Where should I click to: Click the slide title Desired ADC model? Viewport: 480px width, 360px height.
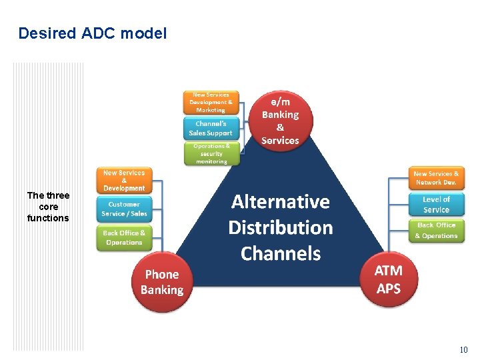[x=93, y=33]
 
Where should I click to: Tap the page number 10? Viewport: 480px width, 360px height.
[x=463, y=350]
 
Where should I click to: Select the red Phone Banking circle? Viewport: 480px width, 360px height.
[x=162, y=282]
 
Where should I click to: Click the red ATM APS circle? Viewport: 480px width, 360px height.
[x=389, y=279]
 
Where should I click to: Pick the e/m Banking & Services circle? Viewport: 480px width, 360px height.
[x=280, y=121]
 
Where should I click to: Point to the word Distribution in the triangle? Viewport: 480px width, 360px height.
[x=280, y=227]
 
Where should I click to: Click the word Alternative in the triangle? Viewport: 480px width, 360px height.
[x=280, y=201]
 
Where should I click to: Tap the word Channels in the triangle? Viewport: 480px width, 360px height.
[x=280, y=253]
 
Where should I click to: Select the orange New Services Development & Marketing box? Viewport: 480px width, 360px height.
[x=211, y=102]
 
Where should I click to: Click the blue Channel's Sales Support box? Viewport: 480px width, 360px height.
[x=211, y=128]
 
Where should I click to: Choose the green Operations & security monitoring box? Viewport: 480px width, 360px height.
[x=211, y=153]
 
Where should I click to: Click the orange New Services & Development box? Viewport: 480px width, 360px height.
[x=124, y=180]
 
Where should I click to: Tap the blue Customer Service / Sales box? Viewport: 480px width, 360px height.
[x=124, y=209]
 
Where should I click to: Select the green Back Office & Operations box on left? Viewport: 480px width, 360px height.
[x=124, y=237]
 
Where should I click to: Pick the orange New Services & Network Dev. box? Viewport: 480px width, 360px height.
[x=436, y=177]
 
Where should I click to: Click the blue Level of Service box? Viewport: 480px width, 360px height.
[x=436, y=204]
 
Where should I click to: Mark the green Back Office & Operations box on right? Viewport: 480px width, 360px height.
[x=436, y=231]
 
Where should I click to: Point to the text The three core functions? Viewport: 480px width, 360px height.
[x=48, y=207]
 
